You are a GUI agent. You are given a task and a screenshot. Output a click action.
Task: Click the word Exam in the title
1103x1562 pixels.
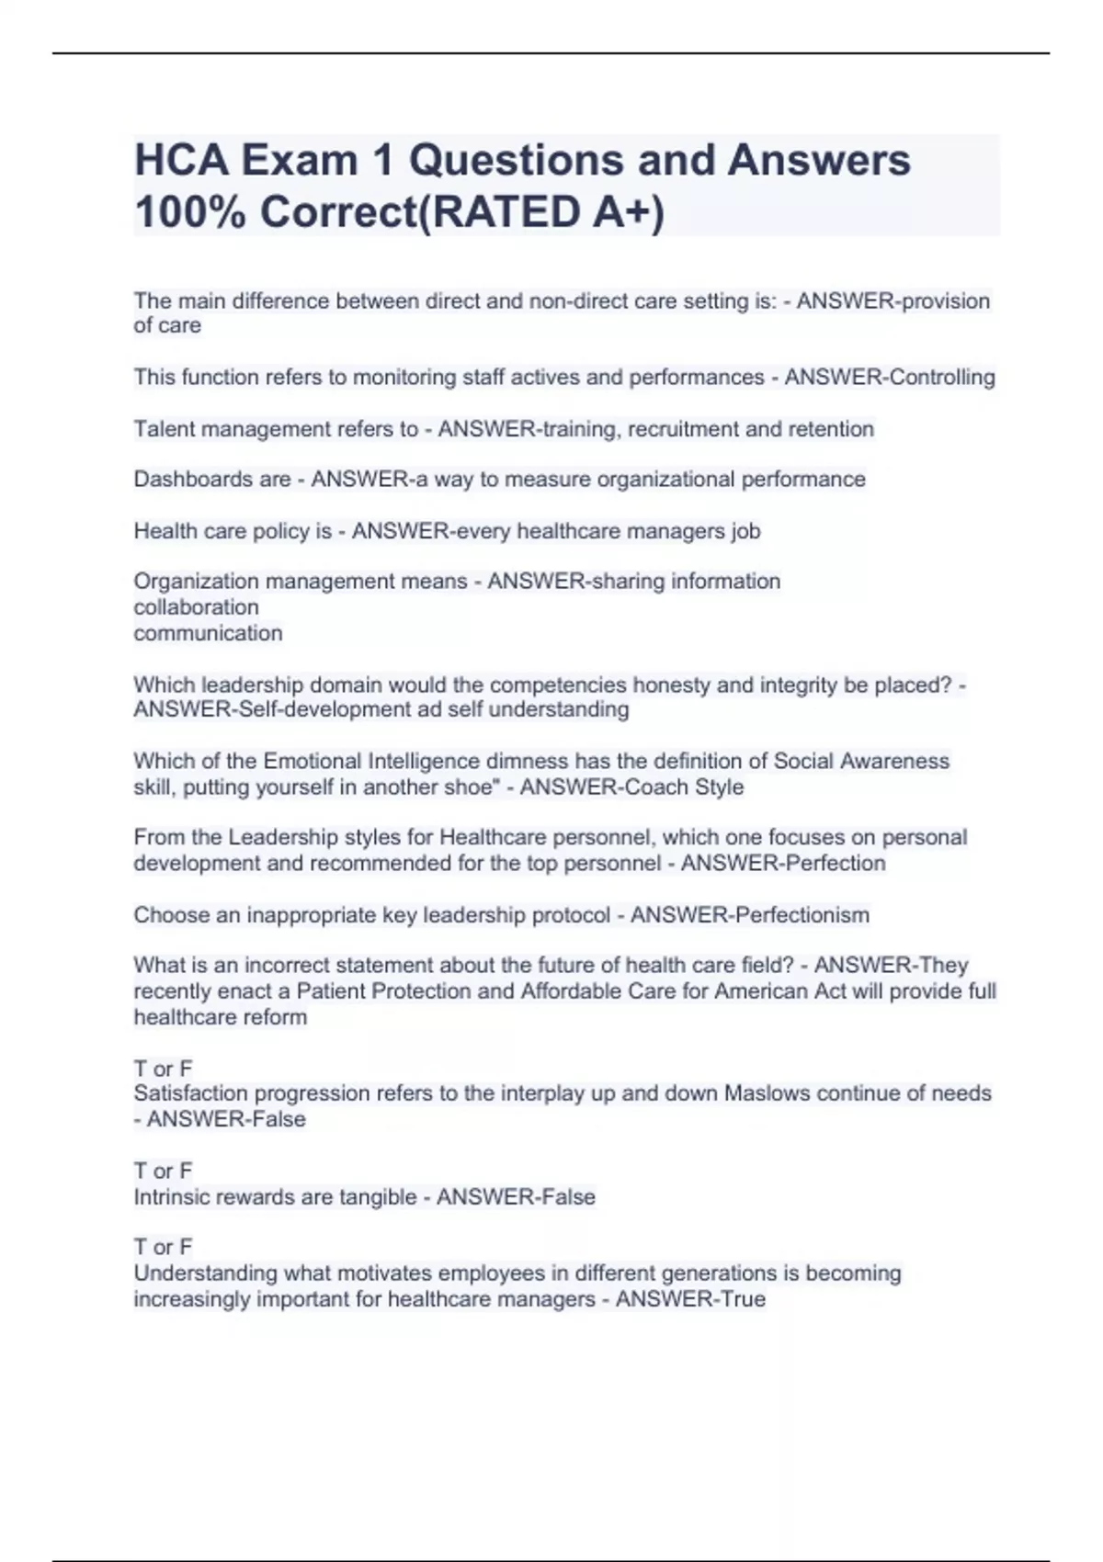(299, 161)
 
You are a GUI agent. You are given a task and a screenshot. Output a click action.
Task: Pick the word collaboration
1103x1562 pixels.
(196, 607)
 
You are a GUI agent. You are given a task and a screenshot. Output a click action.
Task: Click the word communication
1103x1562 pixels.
(208, 633)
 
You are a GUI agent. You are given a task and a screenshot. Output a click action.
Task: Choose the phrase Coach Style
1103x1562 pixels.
(678, 787)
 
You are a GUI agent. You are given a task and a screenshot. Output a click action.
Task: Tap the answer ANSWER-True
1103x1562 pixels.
(690, 1299)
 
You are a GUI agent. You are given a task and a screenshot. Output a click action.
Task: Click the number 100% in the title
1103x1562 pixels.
(189, 212)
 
